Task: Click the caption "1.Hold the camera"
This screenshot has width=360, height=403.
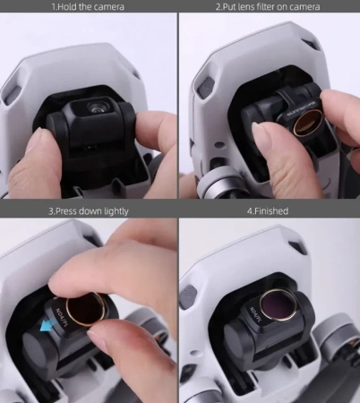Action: (88, 6)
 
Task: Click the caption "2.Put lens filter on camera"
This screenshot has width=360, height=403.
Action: (268, 6)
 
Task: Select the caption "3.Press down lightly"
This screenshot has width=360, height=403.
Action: (88, 210)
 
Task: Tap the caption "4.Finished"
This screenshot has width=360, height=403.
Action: (268, 210)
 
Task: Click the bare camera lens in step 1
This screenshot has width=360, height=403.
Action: (95, 107)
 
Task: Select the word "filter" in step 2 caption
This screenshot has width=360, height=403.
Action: (270, 6)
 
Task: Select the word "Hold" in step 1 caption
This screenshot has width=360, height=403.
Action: (70, 6)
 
